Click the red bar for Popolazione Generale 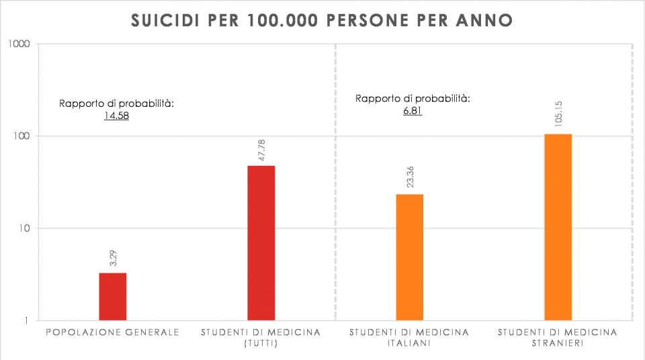coord(112,296)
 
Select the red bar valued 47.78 coord(261,242)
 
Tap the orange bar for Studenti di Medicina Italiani coord(409,257)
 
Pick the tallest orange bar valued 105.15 coord(558,227)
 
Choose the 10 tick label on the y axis coord(24,228)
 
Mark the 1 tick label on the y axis coord(27,320)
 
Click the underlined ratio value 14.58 coord(116,116)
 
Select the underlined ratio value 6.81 coord(413,111)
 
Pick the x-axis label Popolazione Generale coord(112,332)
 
